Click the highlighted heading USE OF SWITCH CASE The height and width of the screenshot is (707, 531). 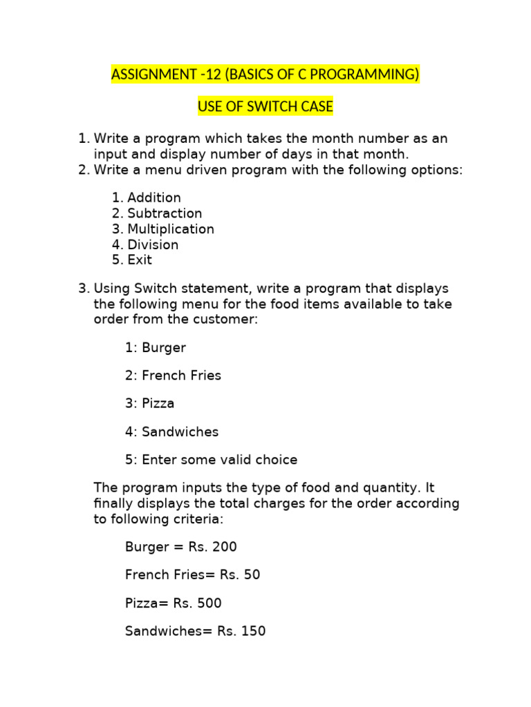[x=265, y=107]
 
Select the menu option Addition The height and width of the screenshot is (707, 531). [x=153, y=197]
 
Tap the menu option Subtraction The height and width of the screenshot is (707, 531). [x=165, y=213]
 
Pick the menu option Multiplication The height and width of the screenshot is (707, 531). [x=171, y=229]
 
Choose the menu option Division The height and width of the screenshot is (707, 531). [x=153, y=244]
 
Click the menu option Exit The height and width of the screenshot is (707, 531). [x=140, y=260]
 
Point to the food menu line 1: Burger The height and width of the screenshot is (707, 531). [x=156, y=347]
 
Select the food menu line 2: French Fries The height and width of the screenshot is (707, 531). [x=174, y=376]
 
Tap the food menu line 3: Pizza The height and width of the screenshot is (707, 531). [x=150, y=403]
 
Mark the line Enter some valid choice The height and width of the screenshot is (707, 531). [x=212, y=459]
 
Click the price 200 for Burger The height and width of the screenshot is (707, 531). [x=225, y=547]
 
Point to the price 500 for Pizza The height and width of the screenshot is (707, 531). [x=209, y=603]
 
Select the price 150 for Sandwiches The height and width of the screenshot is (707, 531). [x=253, y=631]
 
